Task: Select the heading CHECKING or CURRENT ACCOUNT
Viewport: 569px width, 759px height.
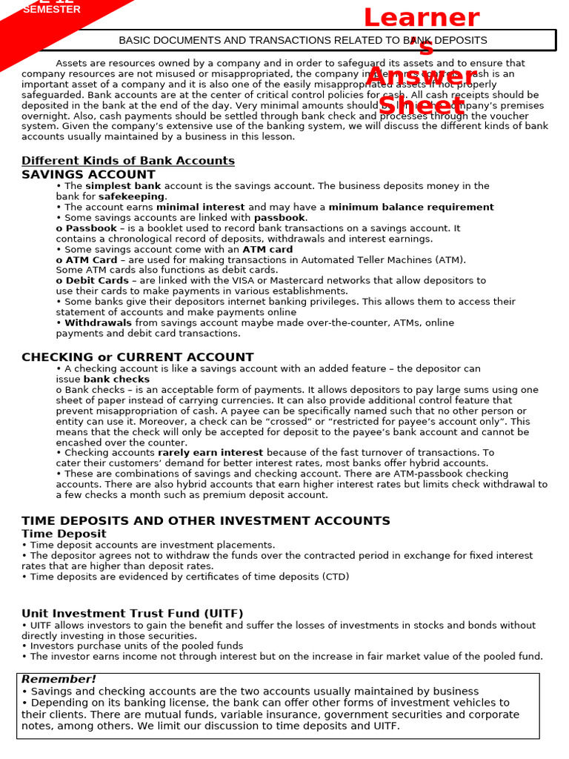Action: [x=137, y=357]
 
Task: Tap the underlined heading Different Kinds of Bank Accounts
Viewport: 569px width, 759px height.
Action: [x=127, y=161]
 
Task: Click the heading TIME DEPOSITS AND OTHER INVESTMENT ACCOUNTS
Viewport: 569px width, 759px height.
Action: [x=205, y=521]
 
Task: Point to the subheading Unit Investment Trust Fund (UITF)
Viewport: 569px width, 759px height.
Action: [x=132, y=614]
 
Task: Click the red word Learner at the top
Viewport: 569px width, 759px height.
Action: [x=421, y=18]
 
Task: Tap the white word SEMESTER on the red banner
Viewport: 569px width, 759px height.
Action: [x=51, y=10]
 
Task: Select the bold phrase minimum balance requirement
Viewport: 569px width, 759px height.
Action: [x=410, y=208]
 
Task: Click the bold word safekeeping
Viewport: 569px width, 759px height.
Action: [x=131, y=197]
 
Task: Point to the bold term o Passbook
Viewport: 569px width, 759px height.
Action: [x=86, y=228]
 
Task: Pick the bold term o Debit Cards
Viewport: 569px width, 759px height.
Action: [x=92, y=281]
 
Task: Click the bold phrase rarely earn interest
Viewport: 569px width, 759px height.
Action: [x=210, y=453]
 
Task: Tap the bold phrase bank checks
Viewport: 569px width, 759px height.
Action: [x=116, y=379]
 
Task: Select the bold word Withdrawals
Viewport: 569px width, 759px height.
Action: [x=98, y=323]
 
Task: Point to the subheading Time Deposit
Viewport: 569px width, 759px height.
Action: [x=64, y=534]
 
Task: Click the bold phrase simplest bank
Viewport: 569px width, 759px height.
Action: [x=123, y=186]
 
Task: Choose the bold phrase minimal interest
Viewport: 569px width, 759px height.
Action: [x=200, y=208]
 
